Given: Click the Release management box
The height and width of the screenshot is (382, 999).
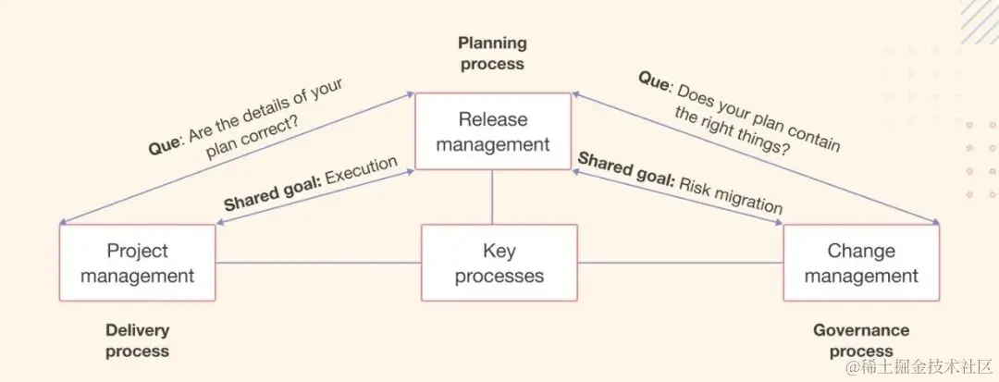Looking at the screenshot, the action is coord(492,131).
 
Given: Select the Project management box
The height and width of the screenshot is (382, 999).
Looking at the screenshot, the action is coord(137,263).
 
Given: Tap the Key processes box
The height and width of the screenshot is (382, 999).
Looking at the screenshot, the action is coord(499,263).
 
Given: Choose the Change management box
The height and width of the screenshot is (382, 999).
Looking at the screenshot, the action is coord(861,263).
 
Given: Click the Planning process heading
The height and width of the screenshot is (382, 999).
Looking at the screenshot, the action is coord(492,53).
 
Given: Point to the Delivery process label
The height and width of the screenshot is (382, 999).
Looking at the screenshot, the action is coord(137,340).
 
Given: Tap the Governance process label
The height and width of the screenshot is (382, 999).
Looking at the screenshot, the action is coord(861,340).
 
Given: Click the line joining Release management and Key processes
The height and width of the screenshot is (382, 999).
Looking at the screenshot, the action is coord(492,197).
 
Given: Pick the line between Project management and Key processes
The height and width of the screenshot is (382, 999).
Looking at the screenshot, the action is coord(318,264).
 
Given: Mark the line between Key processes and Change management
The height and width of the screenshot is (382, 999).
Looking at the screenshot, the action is coord(680,264).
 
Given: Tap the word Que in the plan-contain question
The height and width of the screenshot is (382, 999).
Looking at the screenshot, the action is coord(653,80).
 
